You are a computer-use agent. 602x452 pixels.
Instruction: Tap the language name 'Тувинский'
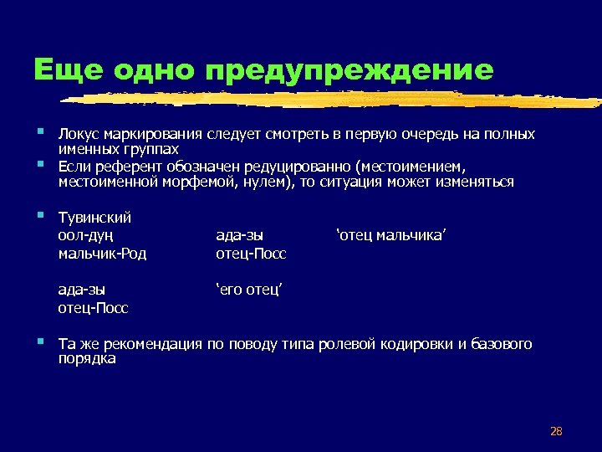(94, 218)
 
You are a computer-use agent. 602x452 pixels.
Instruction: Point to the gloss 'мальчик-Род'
(102, 253)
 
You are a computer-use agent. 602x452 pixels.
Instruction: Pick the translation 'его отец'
(248, 290)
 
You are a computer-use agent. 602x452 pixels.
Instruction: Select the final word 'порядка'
(87, 359)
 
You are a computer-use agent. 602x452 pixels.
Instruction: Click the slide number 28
(556, 431)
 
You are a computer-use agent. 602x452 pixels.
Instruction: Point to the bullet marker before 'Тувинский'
(41, 216)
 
